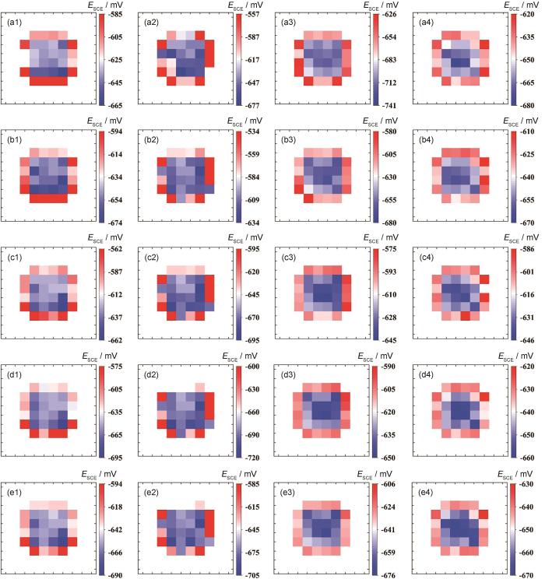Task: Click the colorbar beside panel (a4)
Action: (509, 60)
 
